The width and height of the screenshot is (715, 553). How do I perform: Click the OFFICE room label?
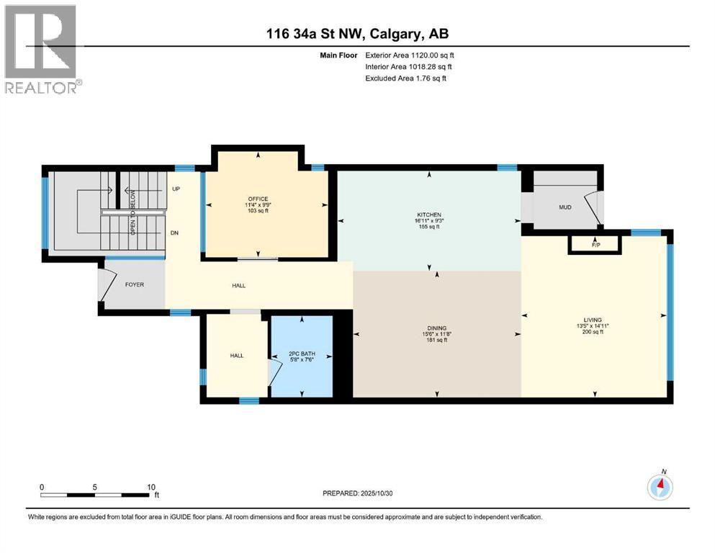[x=258, y=199]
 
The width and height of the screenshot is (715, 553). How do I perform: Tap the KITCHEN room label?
[x=429, y=215]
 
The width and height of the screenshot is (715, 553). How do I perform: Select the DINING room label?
[x=437, y=328]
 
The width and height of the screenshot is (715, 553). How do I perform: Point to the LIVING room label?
[x=593, y=320]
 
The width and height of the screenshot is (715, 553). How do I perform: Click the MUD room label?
[x=565, y=207]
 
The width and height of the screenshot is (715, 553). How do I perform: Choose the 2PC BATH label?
[x=302, y=354]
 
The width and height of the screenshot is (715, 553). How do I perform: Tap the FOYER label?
[x=135, y=284]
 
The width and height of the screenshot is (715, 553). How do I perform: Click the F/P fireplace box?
[x=595, y=245]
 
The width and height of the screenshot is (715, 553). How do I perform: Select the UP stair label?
[x=176, y=189]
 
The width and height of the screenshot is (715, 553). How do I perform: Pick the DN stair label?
[x=174, y=233]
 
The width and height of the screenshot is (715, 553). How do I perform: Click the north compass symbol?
[x=660, y=487]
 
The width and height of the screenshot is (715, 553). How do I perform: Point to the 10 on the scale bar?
[x=151, y=487]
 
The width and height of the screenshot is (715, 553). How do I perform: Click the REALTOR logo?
[x=43, y=49]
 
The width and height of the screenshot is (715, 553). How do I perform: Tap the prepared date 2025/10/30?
[x=376, y=493]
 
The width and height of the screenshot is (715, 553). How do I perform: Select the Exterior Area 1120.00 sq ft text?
[x=410, y=55]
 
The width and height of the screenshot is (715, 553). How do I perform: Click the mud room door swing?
[x=593, y=208]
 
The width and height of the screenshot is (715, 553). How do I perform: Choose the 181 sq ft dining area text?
[x=437, y=340]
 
